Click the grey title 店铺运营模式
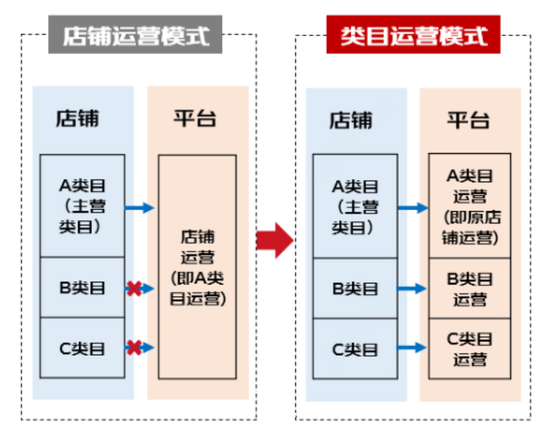(136, 35)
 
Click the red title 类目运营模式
(413, 35)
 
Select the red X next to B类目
(134, 288)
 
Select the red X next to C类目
(134, 348)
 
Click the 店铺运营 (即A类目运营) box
(198, 266)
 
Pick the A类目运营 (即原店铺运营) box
(470, 206)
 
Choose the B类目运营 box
(470, 288)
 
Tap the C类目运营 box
(470, 348)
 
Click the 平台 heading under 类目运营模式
(468, 120)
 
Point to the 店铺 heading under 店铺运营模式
(78, 119)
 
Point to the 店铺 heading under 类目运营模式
(351, 120)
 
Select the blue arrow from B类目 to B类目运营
(412, 289)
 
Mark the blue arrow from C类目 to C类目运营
(412, 348)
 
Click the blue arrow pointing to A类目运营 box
(413, 207)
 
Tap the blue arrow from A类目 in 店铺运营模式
(139, 207)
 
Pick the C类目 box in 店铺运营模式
(82, 348)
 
